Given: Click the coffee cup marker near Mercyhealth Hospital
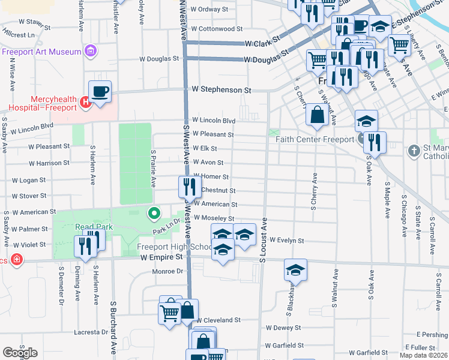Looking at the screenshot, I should coord(100,92).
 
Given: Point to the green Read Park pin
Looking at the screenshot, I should coord(154,212).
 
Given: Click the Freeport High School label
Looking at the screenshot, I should coord(174,247).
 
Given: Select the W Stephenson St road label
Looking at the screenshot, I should coord(221,89).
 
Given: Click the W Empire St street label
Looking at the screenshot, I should coord(161,257).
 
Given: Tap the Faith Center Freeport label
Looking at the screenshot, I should coord(315,140).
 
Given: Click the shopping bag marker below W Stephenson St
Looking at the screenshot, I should coord(316,115).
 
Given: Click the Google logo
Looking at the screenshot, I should coord(20,352).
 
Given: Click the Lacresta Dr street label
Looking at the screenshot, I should coord(91,332).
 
